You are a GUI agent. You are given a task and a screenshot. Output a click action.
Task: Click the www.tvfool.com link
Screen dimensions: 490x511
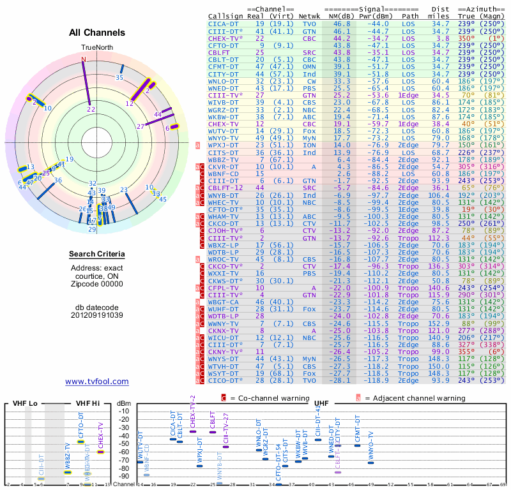(x=97, y=382)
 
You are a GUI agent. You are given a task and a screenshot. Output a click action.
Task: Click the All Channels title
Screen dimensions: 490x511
(x=97, y=33)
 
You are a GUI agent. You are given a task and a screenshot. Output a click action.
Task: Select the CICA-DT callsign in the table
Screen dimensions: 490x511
(x=224, y=23)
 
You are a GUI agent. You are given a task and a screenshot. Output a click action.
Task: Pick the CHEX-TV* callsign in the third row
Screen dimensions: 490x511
(x=225, y=38)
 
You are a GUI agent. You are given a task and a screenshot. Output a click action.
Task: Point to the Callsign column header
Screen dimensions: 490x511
(x=225, y=15)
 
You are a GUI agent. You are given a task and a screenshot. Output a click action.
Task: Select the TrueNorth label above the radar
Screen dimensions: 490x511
(x=96, y=48)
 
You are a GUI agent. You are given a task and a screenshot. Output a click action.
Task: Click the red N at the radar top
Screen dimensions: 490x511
(x=83, y=59)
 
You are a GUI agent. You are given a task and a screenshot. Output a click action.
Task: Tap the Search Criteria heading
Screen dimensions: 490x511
(x=97, y=255)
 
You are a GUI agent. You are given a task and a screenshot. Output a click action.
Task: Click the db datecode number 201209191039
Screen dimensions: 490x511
(x=97, y=315)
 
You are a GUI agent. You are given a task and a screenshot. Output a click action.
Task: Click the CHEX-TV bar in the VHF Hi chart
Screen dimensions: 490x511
(x=101, y=452)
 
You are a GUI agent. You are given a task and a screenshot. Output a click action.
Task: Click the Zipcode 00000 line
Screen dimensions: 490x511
(x=97, y=285)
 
